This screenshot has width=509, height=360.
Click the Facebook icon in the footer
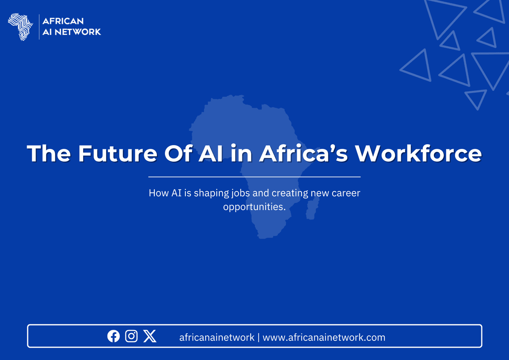click(114, 337)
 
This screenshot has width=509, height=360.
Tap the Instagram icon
click(131, 337)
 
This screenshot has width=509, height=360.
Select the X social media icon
click(150, 337)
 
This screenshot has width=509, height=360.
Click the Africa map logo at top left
click(20, 27)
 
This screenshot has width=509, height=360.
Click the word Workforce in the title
click(418, 154)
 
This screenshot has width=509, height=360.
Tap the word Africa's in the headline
click(304, 154)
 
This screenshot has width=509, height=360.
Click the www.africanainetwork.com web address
click(324, 337)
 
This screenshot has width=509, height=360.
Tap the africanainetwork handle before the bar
click(217, 337)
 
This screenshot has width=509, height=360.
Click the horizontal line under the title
click(255, 177)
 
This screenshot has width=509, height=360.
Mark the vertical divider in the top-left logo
click(39, 27)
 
